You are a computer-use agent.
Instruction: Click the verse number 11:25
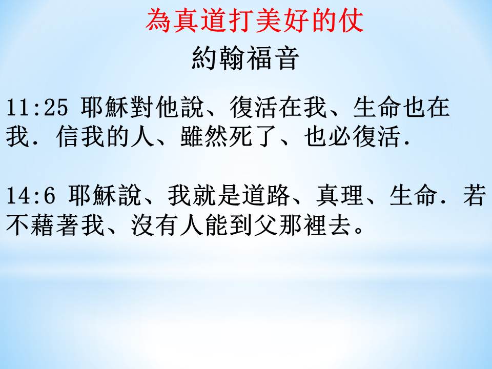[37, 107]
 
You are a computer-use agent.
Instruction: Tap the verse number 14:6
[31, 195]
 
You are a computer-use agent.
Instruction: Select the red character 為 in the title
[158, 20]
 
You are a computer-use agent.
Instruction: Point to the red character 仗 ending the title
[351, 20]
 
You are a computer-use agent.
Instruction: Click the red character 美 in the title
[268, 20]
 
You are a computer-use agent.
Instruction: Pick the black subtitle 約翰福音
[245, 58]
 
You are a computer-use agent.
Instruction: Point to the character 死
[241, 136]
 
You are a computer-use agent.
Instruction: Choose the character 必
[340, 136]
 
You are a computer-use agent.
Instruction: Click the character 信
[68, 136]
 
